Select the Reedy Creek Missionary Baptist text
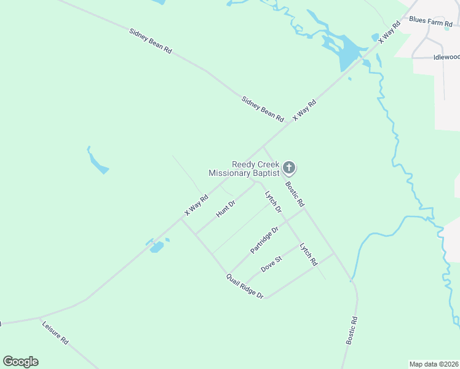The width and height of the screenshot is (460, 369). pos(244,169)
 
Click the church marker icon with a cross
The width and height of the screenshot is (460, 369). pos(289,167)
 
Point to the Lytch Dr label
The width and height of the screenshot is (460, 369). pos(273,202)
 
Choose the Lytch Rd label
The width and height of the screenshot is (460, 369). pos(308,254)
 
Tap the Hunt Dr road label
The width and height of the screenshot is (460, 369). pos(226,208)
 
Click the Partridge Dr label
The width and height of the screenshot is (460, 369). pos(264,240)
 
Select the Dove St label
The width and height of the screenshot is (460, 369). pos(271,264)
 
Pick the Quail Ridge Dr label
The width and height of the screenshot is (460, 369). pos(244,287)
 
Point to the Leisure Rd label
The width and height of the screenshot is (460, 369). pos(55,332)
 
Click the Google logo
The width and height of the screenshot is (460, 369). pos(20,362)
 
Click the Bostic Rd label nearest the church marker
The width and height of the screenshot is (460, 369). pos(294,193)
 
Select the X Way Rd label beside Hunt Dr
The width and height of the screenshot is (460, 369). pos(197,205)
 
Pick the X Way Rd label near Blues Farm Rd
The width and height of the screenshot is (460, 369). pos(389,30)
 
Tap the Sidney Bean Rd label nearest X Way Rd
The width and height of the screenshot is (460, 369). pos(263,108)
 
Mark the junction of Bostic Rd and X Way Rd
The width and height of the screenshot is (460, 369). pos(263,147)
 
